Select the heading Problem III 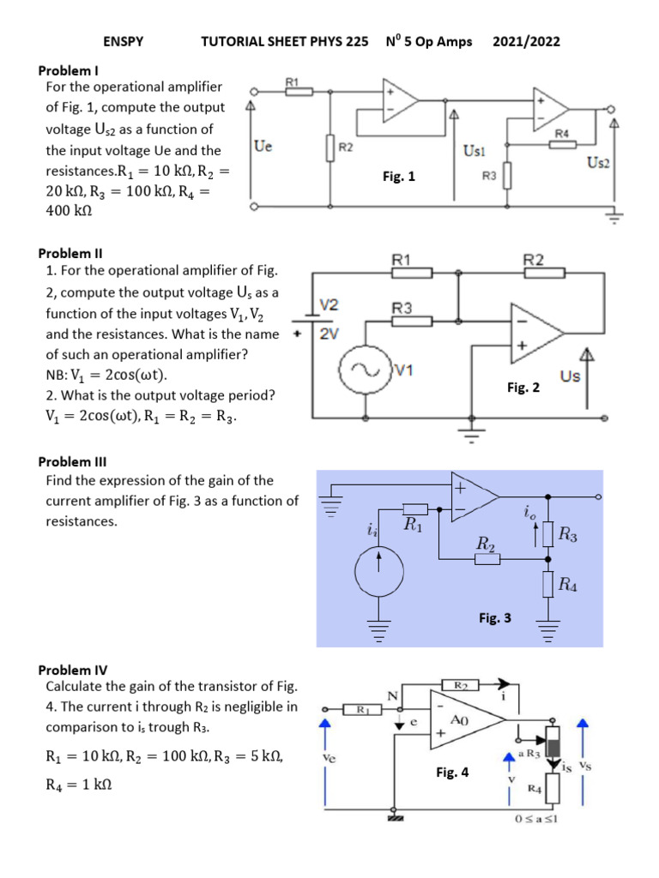(73, 460)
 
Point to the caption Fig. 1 (398, 177)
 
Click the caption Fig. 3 (495, 616)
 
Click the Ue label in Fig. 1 (263, 147)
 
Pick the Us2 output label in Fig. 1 (599, 162)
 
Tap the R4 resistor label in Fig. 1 (562, 133)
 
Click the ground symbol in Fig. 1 (614, 217)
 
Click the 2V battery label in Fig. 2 (329, 334)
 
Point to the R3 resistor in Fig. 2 (412, 321)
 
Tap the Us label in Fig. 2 (570, 376)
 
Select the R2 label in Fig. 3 (485, 544)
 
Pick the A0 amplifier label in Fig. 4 (461, 721)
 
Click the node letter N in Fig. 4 (393, 696)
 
